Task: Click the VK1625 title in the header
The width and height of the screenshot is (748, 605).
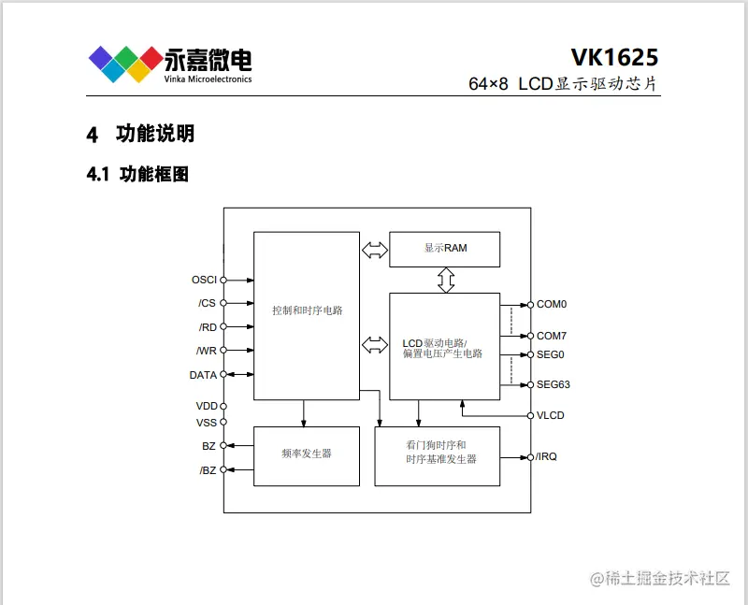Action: point(613,56)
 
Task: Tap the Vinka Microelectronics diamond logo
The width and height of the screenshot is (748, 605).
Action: point(125,63)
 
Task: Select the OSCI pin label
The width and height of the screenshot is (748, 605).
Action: point(204,280)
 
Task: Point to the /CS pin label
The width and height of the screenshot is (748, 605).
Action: point(207,303)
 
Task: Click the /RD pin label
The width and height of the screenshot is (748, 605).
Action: point(207,327)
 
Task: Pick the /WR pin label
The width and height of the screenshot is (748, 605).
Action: point(206,351)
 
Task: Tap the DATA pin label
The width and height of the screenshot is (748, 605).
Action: point(203,375)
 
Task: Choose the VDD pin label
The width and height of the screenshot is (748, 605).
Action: point(206,406)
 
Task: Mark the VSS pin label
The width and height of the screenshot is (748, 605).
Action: point(206,423)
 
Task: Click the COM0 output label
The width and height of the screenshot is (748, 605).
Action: point(552,305)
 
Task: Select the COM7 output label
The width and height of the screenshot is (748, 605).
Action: point(552,336)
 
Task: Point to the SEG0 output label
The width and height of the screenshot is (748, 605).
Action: point(551,354)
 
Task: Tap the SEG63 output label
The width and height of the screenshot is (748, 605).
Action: point(554,384)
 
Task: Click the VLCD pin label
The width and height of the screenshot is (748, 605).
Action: point(551,415)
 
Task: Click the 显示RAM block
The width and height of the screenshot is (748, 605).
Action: point(444,249)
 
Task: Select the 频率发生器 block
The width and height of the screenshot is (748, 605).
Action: point(307,454)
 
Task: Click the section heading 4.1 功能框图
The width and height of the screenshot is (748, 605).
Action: point(137,173)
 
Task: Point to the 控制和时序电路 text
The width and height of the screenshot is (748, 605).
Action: point(307,310)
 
